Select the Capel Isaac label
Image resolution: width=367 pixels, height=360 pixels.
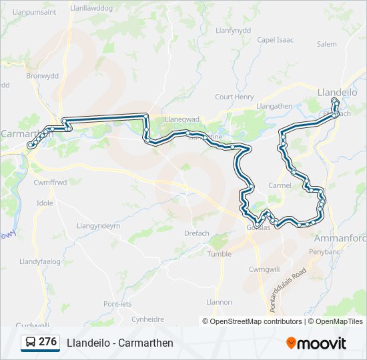click(x=275, y=40)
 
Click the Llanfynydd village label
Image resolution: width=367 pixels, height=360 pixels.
click(x=234, y=30)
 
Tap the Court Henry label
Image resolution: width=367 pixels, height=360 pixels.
click(x=234, y=97)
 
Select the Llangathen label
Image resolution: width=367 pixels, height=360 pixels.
click(x=274, y=106)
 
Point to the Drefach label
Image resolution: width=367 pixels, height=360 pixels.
click(x=197, y=233)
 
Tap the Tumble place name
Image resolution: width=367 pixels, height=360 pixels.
click(x=220, y=254)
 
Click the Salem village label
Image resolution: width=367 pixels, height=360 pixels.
click(x=327, y=44)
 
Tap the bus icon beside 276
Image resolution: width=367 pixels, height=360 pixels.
click(x=30, y=343)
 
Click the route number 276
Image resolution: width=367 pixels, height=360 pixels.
click(x=47, y=342)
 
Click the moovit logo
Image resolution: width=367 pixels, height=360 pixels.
click(x=316, y=343)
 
